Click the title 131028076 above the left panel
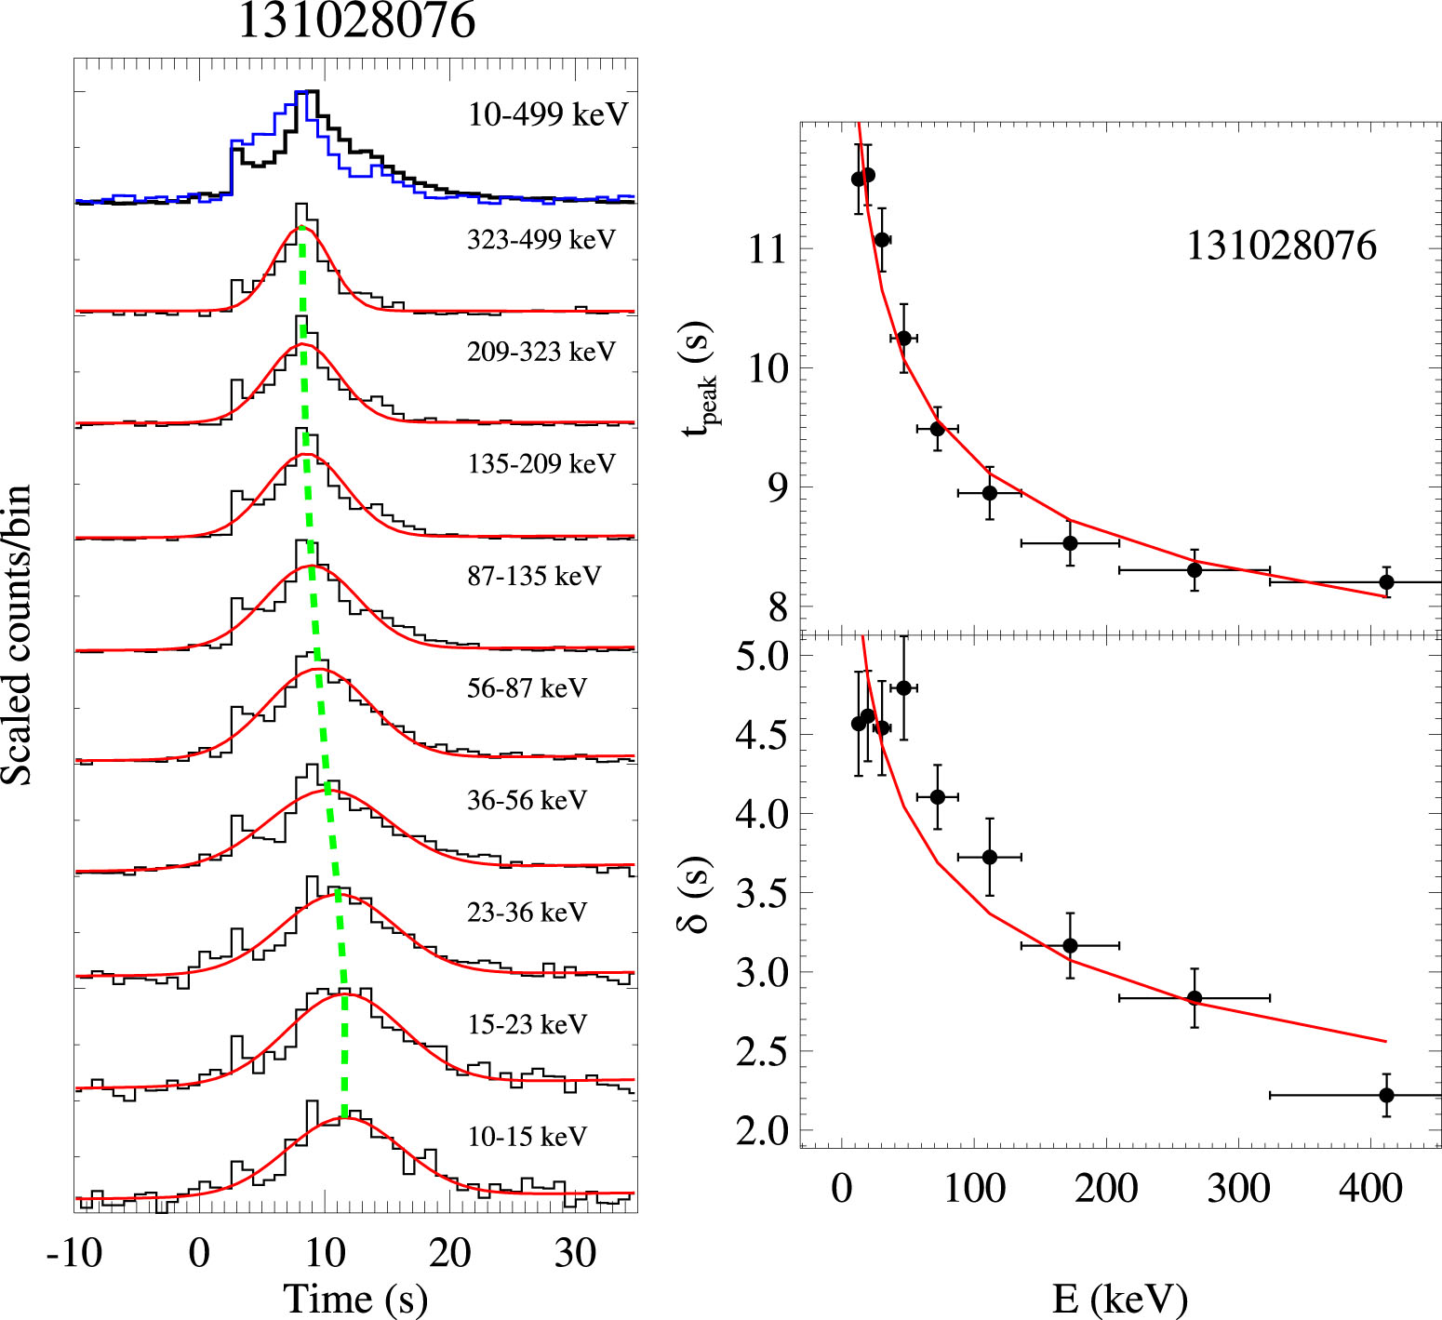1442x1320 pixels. (356, 20)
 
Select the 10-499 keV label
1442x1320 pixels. (548, 114)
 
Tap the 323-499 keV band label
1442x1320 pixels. (541, 240)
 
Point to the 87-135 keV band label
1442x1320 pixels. (534, 576)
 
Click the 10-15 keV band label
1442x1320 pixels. (527, 1136)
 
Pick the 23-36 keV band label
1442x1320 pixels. (527, 912)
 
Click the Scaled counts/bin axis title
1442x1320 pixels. (18, 634)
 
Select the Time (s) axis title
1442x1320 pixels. (355, 1299)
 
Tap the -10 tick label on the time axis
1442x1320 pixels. (74, 1253)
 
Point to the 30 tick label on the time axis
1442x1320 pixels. (575, 1253)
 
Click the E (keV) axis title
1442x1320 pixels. (1120, 1299)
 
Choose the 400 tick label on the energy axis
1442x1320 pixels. (1370, 1188)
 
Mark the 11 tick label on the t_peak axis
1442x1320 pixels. (768, 249)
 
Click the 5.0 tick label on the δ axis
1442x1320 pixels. (761, 656)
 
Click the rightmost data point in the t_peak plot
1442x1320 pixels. (1386, 582)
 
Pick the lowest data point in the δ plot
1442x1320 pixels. (1386, 1095)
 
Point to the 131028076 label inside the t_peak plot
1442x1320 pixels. (1281, 247)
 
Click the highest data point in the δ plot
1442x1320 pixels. (903, 687)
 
